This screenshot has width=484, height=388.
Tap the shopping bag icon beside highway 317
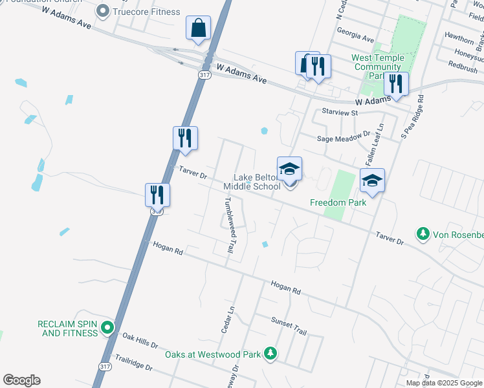pos(198,29)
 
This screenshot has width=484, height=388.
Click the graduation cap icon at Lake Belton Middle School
pos(289,170)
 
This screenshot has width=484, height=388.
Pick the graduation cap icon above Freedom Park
pos(372,182)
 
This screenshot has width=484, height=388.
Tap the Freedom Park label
pos(338,202)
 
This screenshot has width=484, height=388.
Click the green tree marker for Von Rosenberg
pos(423,233)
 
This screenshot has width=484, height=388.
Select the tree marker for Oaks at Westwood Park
pos(270,354)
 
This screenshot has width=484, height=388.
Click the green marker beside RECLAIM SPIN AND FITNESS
pos(109,328)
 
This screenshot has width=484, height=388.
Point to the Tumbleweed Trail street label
pos(229,225)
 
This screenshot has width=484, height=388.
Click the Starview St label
pos(340,113)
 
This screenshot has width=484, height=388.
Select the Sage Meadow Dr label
pos(343,138)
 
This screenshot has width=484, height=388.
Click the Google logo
pos(21,380)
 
